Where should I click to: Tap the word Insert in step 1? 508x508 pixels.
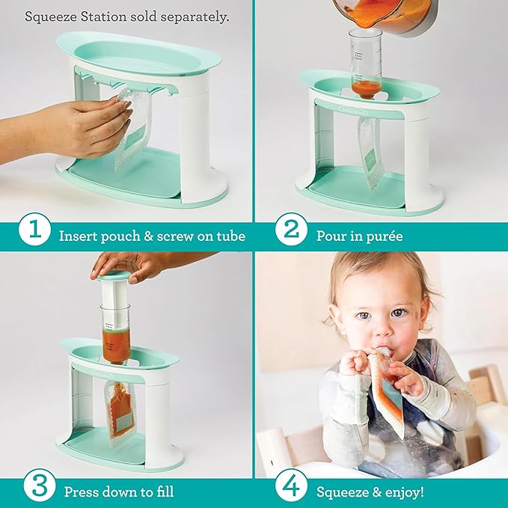click(x=78, y=236)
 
